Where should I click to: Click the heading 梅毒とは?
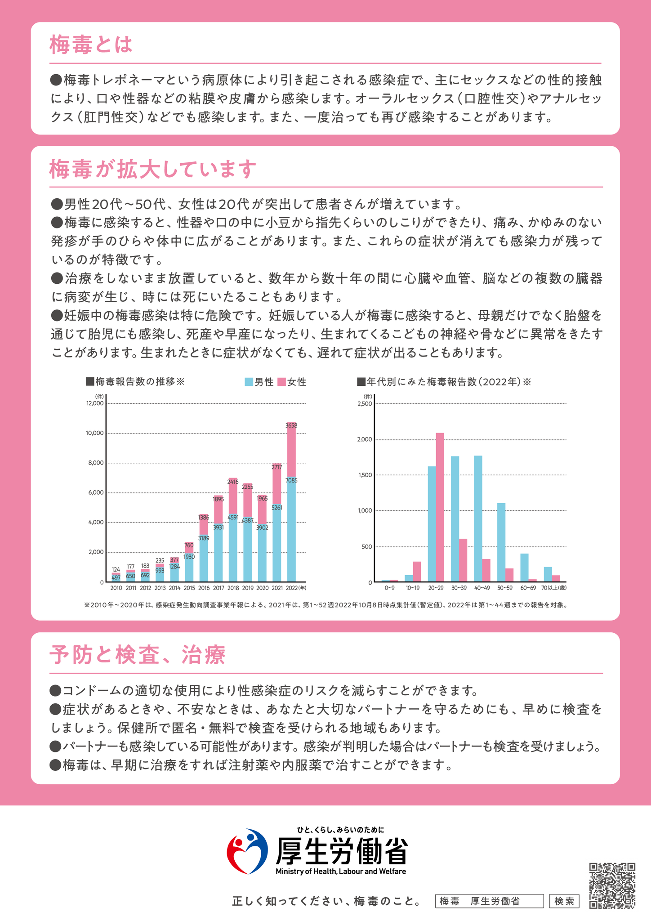(x=91, y=45)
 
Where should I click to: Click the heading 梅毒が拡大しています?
(x=153, y=169)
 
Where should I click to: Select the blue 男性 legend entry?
(x=259, y=382)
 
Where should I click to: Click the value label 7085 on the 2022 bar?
(x=291, y=480)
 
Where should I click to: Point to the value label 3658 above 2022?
(x=291, y=425)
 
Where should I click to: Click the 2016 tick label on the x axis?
(x=204, y=588)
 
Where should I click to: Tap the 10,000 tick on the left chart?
(x=95, y=433)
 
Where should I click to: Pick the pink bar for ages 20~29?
(x=440, y=507)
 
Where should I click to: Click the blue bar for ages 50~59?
(x=501, y=542)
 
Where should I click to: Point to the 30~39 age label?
(x=459, y=588)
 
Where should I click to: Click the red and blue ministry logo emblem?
(x=247, y=851)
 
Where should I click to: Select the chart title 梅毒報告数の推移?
(x=135, y=382)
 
